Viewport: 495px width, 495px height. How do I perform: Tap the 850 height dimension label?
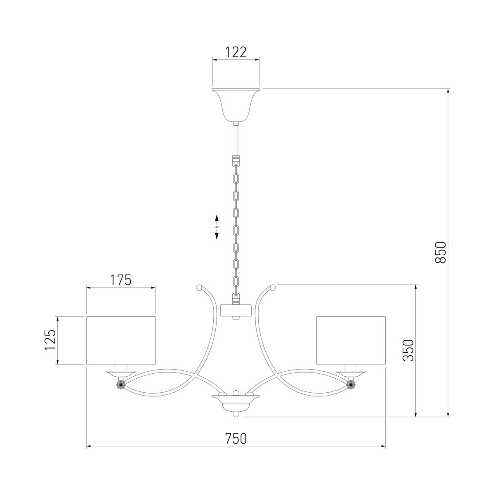tap(441, 252)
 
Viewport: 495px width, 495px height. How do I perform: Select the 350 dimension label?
tap(408, 350)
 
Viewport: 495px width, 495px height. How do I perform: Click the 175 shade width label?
tap(121, 280)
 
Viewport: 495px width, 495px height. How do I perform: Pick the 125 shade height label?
tap(50, 340)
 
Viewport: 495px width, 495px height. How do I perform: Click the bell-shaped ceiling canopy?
tap(236, 105)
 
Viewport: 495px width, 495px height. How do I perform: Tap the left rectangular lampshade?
tap(121, 340)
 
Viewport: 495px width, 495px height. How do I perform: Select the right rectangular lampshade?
tap(351, 340)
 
